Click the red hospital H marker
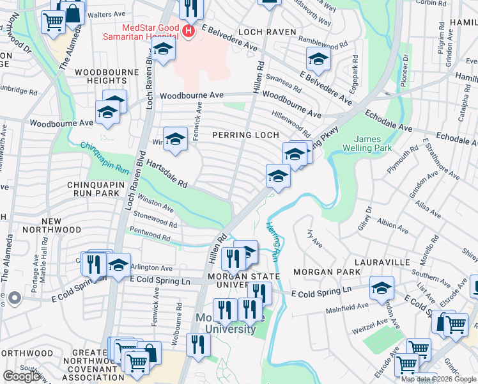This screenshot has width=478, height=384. tap(188, 31)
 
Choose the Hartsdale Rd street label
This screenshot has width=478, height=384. tap(166, 173)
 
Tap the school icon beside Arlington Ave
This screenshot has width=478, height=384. tap(118, 264)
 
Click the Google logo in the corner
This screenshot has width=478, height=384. tap(22, 376)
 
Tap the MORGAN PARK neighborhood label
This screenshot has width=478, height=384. tap(323, 272)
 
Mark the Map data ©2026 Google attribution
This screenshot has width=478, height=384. tap(438, 379)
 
